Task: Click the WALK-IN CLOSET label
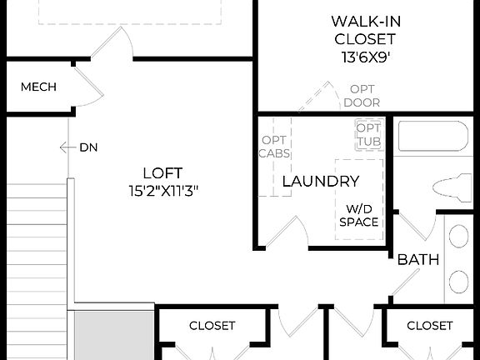tap(362, 29)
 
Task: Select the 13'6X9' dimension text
tap(362, 58)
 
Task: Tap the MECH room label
tap(38, 87)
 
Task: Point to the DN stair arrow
tap(67, 147)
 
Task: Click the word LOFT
tap(162, 173)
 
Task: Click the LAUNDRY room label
tap(321, 181)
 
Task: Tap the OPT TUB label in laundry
tap(367, 135)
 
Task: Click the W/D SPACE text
tap(359, 215)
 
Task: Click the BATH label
tap(417, 260)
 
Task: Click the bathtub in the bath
tap(434, 136)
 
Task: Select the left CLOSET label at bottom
tap(212, 326)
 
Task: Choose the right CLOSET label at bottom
tap(430, 326)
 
